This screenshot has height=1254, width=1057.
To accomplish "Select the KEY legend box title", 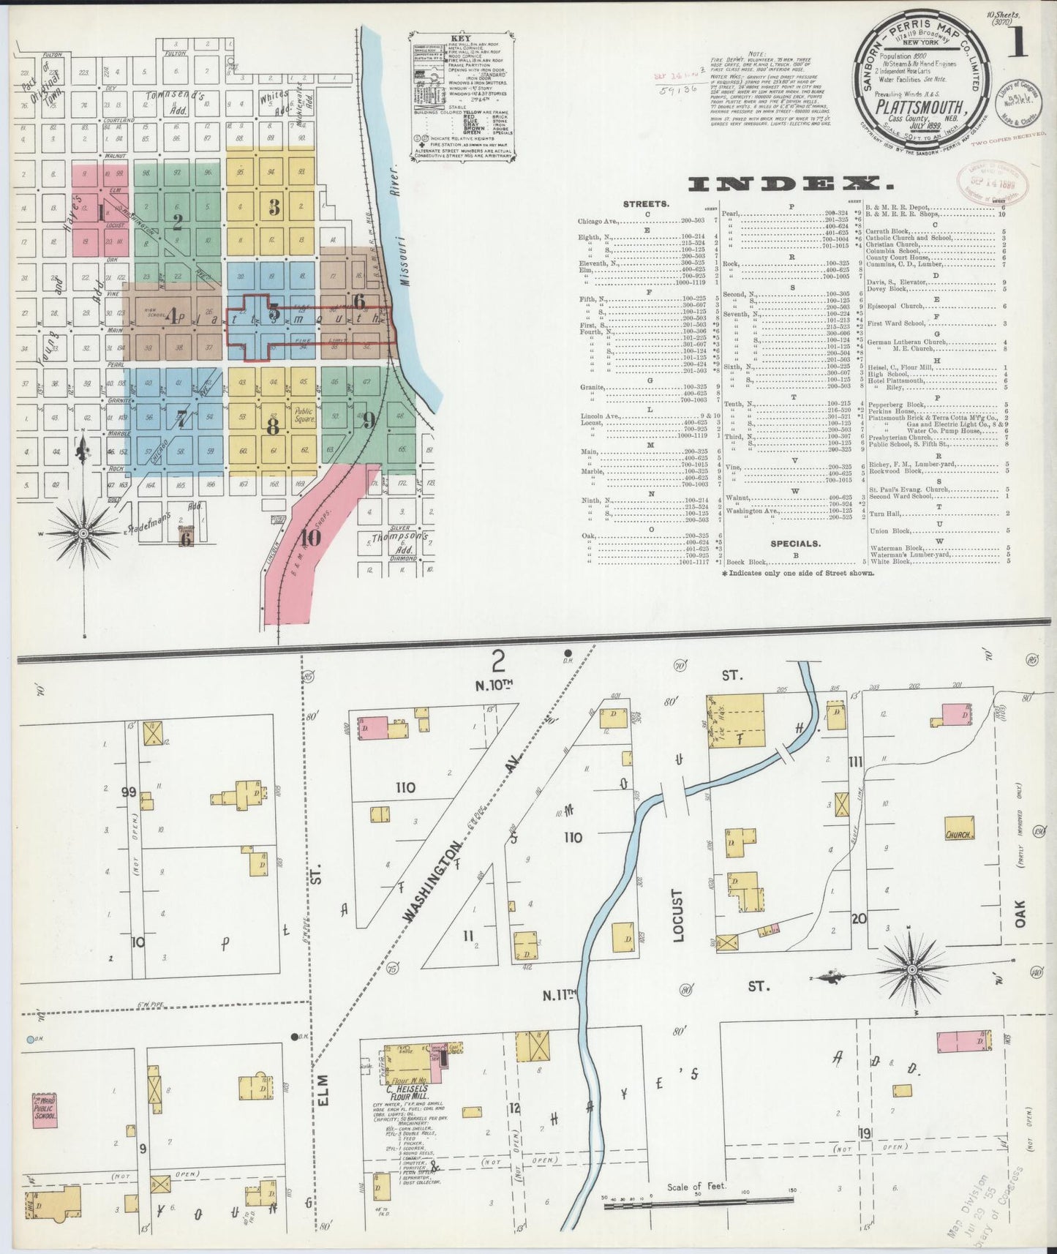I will click(462, 39).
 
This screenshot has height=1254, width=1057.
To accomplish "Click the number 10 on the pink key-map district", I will click(309, 538).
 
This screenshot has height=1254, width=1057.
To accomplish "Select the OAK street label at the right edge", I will click(1021, 913).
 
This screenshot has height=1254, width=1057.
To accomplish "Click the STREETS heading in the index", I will click(644, 204).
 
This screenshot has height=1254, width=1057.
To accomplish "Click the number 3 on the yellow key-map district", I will click(274, 208).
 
